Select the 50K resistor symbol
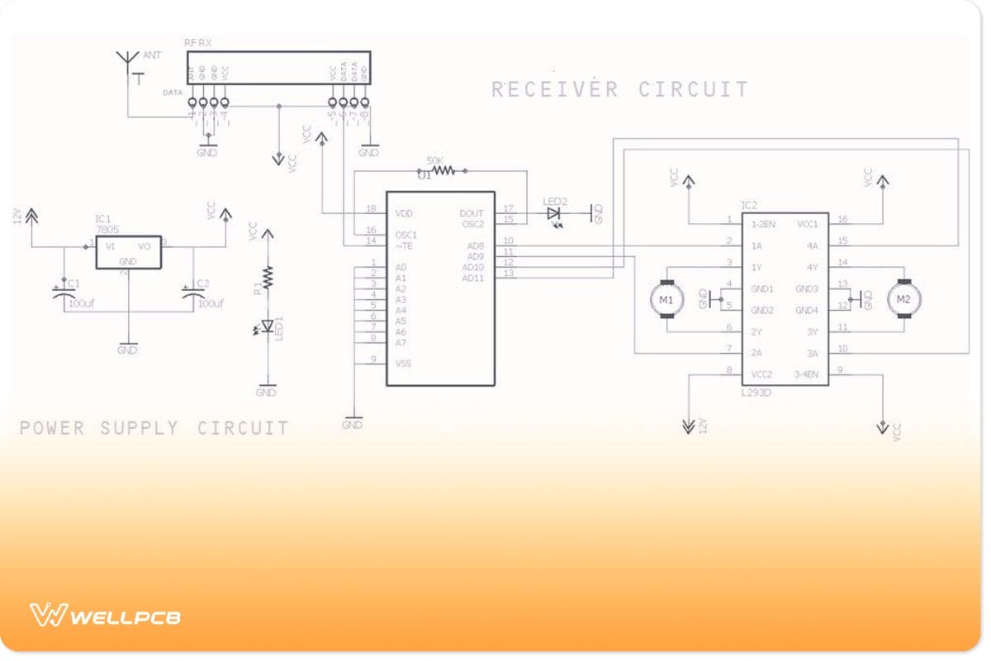443,171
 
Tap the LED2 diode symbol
554,213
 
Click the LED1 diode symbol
266,327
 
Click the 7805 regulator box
128,252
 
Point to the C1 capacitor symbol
65,292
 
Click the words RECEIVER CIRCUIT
620,89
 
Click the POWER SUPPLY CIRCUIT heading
154,428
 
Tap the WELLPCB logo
106,616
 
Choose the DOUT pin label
471,213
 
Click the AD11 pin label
473,278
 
